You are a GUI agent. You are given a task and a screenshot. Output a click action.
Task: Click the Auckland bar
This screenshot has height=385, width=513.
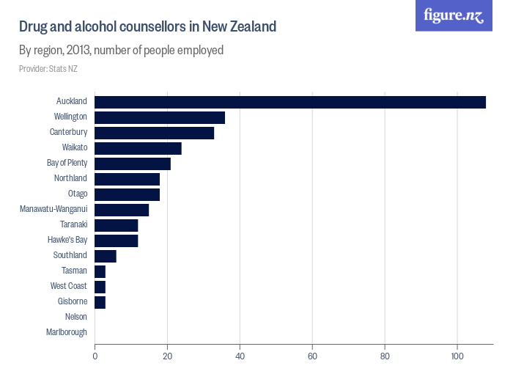(x=290, y=102)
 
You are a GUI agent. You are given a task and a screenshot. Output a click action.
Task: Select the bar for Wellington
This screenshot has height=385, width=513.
(x=160, y=117)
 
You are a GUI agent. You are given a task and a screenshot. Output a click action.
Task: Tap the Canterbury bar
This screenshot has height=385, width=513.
(x=154, y=133)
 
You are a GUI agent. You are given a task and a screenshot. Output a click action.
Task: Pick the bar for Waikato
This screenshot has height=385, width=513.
(x=138, y=148)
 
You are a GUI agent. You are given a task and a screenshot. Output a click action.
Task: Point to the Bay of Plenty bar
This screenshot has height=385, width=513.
(x=133, y=164)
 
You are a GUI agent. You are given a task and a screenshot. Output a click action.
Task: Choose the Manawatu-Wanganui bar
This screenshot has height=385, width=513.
(x=122, y=210)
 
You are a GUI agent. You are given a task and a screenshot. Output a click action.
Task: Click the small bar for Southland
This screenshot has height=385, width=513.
(x=106, y=256)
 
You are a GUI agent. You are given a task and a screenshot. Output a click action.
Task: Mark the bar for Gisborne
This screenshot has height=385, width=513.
(x=100, y=302)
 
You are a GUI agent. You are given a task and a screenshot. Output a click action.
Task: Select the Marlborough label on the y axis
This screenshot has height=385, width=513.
(x=67, y=332)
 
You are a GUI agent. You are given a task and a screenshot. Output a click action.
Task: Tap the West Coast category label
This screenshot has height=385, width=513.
(x=68, y=286)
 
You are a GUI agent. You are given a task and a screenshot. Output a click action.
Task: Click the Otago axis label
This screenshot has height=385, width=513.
(x=77, y=194)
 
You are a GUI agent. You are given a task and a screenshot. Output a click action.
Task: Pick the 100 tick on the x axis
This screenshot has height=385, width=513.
(x=457, y=356)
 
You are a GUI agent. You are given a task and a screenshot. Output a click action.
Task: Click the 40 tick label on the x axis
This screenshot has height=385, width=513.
(x=240, y=356)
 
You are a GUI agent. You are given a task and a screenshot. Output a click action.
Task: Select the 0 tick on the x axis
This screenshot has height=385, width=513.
(x=95, y=356)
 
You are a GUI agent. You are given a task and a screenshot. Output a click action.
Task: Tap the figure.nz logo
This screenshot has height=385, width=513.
(x=454, y=15)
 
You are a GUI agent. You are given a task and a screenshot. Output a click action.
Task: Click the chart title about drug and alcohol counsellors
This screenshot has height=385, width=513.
(x=147, y=27)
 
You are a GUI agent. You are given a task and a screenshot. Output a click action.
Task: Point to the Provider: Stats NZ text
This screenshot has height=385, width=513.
(x=48, y=69)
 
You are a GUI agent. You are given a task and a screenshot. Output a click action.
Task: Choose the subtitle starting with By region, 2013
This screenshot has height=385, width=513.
(x=121, y=51)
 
